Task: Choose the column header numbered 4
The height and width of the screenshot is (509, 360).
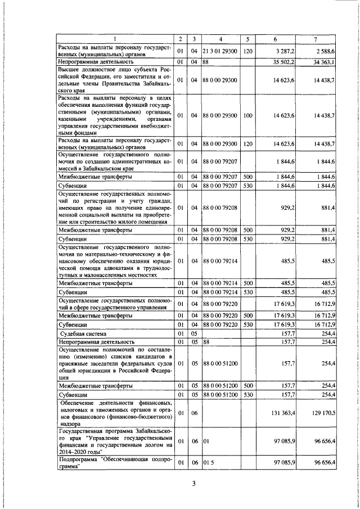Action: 220,39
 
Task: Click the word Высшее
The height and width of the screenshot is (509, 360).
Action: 70,69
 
